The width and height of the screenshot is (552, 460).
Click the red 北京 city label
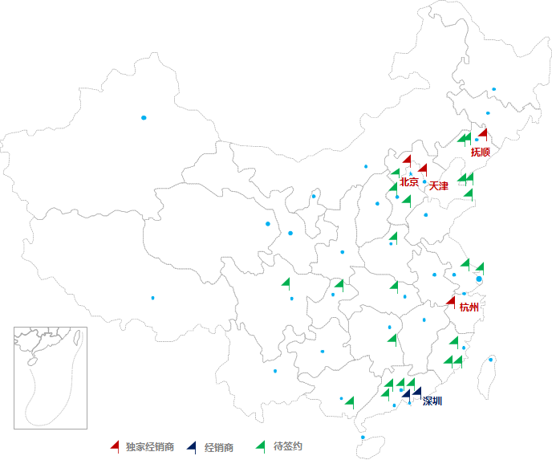pos(409,182)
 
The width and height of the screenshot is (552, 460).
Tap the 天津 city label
pos(439,186)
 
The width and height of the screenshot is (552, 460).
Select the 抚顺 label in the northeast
pos(481,151)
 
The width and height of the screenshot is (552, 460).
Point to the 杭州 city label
pos(469,307)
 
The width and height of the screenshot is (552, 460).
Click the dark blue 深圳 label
pos(432,401)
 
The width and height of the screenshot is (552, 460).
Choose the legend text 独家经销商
pos(150,447)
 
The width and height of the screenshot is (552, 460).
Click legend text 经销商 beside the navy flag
pos(219,447)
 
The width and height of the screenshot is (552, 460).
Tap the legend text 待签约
pos(288,446)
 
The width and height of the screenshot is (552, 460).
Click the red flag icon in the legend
pos(116,446)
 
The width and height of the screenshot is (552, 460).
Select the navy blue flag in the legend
pos(190,446)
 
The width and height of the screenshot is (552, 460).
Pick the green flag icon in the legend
pos(259,446)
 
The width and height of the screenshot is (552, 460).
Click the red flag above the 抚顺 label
pos(483,134)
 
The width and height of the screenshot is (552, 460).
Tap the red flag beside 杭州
pos(451,302)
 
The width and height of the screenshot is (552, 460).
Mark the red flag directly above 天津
pos(423,169)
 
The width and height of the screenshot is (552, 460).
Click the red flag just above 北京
pos(407,160)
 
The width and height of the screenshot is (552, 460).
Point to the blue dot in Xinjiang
pos(144,118)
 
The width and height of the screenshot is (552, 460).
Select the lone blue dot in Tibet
pos(152,298)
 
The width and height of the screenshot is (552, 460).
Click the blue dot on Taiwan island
pos(491,359)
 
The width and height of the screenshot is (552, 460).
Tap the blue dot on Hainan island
pos(363,438)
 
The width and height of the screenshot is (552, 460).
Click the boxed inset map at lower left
pos(51,377)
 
